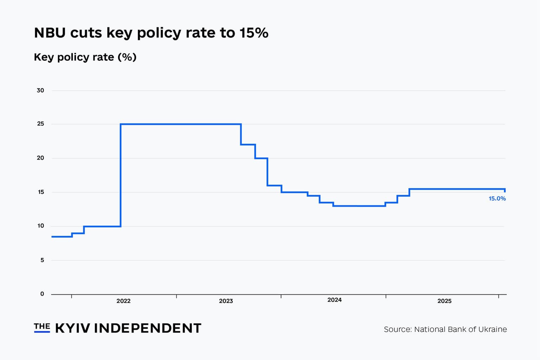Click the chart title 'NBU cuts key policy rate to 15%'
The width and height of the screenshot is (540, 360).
tap(151, 33)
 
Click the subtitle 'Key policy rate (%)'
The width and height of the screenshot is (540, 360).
tap(85, 57)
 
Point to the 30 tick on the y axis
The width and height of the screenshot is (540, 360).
tap(40, 90)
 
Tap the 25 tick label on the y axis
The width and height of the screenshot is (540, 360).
tap(40, 124)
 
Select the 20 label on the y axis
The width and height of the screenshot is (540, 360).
tap(40, 158)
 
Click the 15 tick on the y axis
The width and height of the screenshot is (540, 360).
tap(40, 192)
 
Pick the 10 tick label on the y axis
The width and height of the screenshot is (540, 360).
tap(40, 226)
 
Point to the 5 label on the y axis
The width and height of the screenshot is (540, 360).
tap(42, 260)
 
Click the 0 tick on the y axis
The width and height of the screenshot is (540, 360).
tap(42, 294)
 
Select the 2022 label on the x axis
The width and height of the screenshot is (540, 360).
tap(123, 301)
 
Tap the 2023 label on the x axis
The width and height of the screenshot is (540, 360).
tap(226, 301)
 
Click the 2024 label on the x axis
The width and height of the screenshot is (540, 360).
tap(334, 300)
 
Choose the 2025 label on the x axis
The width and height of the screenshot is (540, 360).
tap(444, 301)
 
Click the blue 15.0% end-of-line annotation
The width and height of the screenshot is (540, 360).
tap(497, 199)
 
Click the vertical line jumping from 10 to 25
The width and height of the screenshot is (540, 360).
tap(121, 176)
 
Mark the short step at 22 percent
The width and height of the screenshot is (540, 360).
tap(248, 144)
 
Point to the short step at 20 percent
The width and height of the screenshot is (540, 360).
tap(261, 158)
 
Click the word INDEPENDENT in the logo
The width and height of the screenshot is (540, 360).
tap(148, 328)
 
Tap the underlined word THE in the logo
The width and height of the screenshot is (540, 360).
tap(42, 327)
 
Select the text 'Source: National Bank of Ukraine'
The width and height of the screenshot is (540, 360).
tap(445, 329)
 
